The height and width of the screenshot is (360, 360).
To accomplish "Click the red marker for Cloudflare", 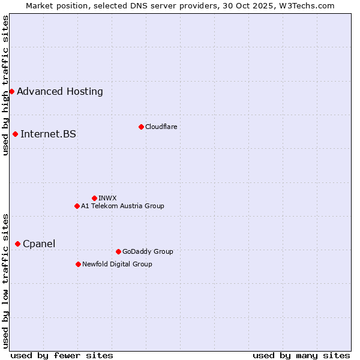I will click(x=141, y=127).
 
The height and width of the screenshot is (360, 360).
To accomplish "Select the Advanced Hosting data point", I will click(x=11, y=91).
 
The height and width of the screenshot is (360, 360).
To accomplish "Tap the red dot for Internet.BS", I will click(x=15, y=134).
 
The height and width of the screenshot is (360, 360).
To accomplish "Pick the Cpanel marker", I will click(x=17, y=244).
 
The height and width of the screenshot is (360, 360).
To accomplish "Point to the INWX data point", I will click(x=94, y=198).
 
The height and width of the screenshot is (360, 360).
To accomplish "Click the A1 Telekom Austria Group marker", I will click(x=77, y=206).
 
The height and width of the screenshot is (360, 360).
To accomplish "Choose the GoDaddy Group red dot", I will click(x=118, y=251).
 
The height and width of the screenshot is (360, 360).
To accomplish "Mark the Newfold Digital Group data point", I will click(x=78, y=264).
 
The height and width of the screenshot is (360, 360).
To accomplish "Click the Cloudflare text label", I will click(x=161, y=127).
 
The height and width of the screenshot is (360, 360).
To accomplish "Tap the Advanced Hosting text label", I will click(x=60, y=92).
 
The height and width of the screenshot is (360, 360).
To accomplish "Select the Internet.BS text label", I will click(x=48, y=134).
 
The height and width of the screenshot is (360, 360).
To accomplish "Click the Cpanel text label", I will click(x=39, y=244).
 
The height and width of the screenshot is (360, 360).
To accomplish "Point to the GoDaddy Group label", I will click(x=148, y=251).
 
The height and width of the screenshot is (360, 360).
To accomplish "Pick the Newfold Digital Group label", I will click(x=117, y=264).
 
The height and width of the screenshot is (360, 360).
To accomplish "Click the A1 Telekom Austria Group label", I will click(x=122, y=206).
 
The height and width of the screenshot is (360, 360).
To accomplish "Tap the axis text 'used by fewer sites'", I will click(x=62, y=355).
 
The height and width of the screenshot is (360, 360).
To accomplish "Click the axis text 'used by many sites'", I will click(x=301, y=355).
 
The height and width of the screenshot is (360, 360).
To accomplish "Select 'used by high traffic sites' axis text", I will click(x=6, y=85).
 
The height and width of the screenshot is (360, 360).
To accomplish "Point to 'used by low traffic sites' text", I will click(x=6, y=280).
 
